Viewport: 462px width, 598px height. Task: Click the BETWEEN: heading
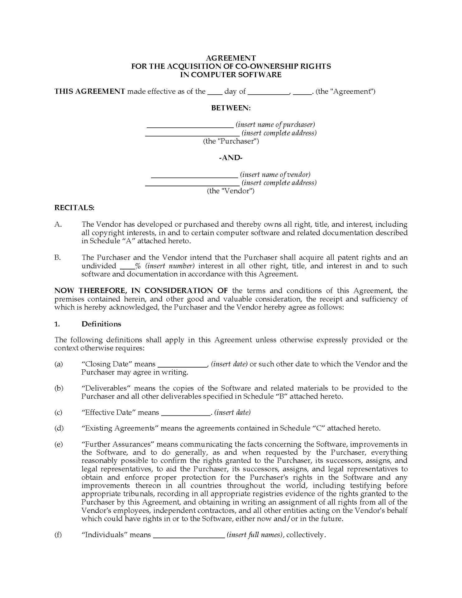click(x=231, y=108)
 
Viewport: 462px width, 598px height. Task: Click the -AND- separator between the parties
click(x=231, y=158)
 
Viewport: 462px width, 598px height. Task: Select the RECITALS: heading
click(x=74, y=207)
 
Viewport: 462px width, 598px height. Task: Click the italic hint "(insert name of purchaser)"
click(x=275, y=125)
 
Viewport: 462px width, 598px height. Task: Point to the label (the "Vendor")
click(x=231, y=191)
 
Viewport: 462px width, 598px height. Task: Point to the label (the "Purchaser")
click(x=231, y=141)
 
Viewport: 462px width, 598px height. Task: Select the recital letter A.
click(x=58, y=224)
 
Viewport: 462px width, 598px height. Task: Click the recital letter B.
click(x=58, y=258)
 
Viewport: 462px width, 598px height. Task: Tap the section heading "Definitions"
click(x=101, y=324)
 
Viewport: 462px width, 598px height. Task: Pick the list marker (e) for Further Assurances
click(x=59, y=444)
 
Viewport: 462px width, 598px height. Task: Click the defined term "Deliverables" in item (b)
click(x=106, y=388)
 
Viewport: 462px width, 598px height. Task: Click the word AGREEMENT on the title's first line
click(x=231, y=58)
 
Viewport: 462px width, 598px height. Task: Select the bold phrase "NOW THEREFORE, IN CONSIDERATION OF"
click(x=141, y=291)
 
